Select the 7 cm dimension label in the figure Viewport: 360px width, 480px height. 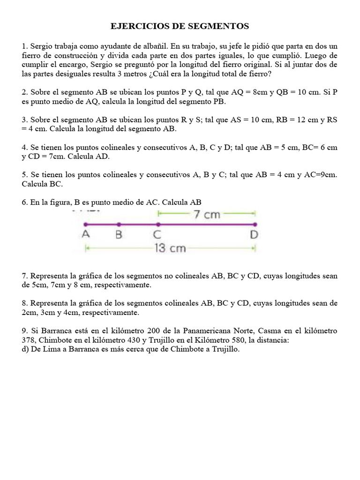(x=206, y=215)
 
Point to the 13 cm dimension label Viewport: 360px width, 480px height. (x=170, y=248)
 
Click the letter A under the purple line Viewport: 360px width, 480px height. (x=86, y=235)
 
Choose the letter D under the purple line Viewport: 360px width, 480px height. (x=254, y=235)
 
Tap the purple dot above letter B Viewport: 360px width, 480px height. (x=119, y=225)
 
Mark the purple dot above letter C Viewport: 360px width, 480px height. (x=158, y=225)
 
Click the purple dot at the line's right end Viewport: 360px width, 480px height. (x=255, y=225)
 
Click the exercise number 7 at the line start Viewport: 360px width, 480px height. (x=24, y=276)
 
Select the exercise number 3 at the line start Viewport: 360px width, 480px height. (x=24, y=120)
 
